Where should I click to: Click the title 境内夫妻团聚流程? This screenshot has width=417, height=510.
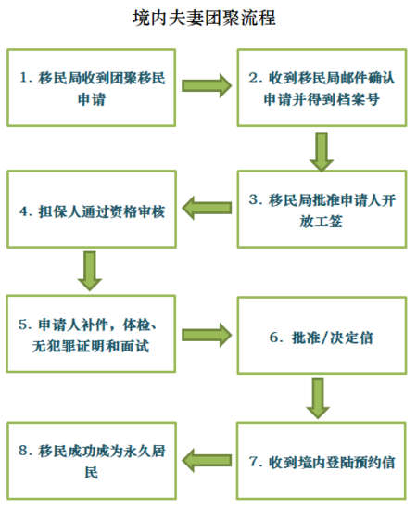pyautogui.click(x=204, y=18)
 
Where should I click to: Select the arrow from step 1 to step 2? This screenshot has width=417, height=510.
pyautogui.click(x=207, y=85)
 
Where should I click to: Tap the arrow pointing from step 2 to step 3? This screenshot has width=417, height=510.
pyautogui.click(x=322, y=151)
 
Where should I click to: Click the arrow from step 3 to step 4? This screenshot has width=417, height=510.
pyautogui.click(x=207, y=208)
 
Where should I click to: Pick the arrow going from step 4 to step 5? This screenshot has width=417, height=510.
pyautogui.click(x=90, y=271)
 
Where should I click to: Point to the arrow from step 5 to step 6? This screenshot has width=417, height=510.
pyautogui.click(x=207, y=335)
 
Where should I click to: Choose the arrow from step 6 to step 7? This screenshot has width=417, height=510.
pyautogui.click(x=318, y=399)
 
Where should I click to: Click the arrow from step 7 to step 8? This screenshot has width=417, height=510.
pyautogui.click(x=207, y=461)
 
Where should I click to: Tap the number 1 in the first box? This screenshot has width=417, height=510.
pyautogui.click(x=23, y=78)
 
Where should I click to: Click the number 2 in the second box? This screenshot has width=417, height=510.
pyautogui.click(x=254, y=78)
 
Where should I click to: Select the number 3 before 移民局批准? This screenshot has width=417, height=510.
pyautogui.click(x=254, y=199)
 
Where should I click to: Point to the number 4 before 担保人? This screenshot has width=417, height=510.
pyautogui.click(x=24, y=211)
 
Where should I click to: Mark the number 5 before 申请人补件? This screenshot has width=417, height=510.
pyautogui.click(x=23, y=325)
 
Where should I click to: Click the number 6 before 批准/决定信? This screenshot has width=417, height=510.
pyautogui.click(x=273, y=338)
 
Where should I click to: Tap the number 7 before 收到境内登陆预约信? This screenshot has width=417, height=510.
pyautogui.click(x=254, y=462)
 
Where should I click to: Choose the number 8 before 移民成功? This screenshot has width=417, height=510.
pyautogui.click(x=23, y=451)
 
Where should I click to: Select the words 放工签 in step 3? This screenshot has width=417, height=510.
pyautogui.click(x=322, y=222)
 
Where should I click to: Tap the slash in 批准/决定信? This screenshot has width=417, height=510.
pyautogui.click(x=323, y=338)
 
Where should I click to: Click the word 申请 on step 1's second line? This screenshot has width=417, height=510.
pyautogui.click(x=92, y=99)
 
